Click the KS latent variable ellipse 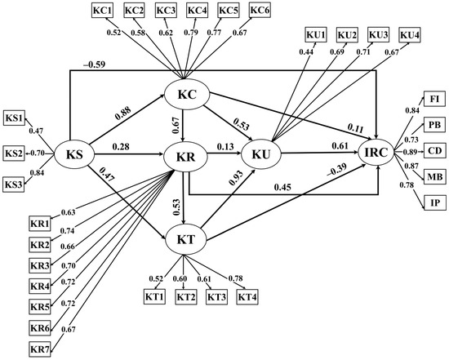pos(74,154)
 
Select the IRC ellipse pos(376,152)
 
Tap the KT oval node pos(186,239)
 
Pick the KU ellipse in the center pos(261,154)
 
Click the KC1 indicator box pos(103,11)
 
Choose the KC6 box pos(260,10)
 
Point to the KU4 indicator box pos(410,35)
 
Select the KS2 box pos(14,153)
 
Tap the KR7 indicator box pos(40,349)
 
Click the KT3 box pos(217,296)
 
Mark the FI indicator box pos(434,99)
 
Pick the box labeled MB pos(434,176)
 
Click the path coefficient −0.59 pos(94,64)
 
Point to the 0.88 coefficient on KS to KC pos(123,113)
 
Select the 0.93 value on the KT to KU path pos(236,178)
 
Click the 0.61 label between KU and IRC pos(340,146)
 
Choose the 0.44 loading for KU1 pos(306,52)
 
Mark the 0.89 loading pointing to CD pos(411,152)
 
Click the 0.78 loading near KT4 pos(235,278)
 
